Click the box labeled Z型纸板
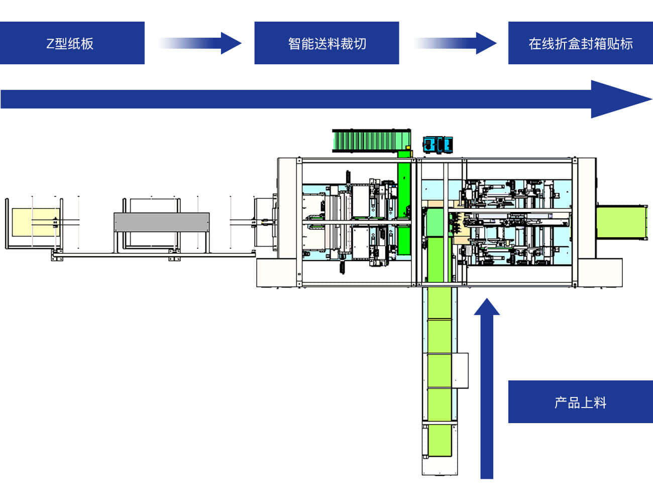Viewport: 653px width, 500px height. click(x=72, y=43)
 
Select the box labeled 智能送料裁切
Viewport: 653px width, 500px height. click(x=326, y=43)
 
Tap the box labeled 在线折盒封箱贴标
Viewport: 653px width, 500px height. click(x=580, y=43)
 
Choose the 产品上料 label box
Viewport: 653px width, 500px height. click(x=580, y=402)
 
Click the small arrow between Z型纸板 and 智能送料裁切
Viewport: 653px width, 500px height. click(x=201, y=43)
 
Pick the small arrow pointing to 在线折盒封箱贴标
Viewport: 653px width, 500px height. click(x=456, y=43)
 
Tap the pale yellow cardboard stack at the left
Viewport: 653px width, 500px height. click(x=35, y=222)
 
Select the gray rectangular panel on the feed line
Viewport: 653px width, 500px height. click(x=161, y=222)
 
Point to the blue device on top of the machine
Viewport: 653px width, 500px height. click(x=438, y=144)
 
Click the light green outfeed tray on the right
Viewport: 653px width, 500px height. click(x=620, y=223)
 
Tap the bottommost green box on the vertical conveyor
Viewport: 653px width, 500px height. click(x=440, y=440)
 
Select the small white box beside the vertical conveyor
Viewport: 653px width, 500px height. click(x=462, y=370)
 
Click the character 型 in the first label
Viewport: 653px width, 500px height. click(x=61, y=44)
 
